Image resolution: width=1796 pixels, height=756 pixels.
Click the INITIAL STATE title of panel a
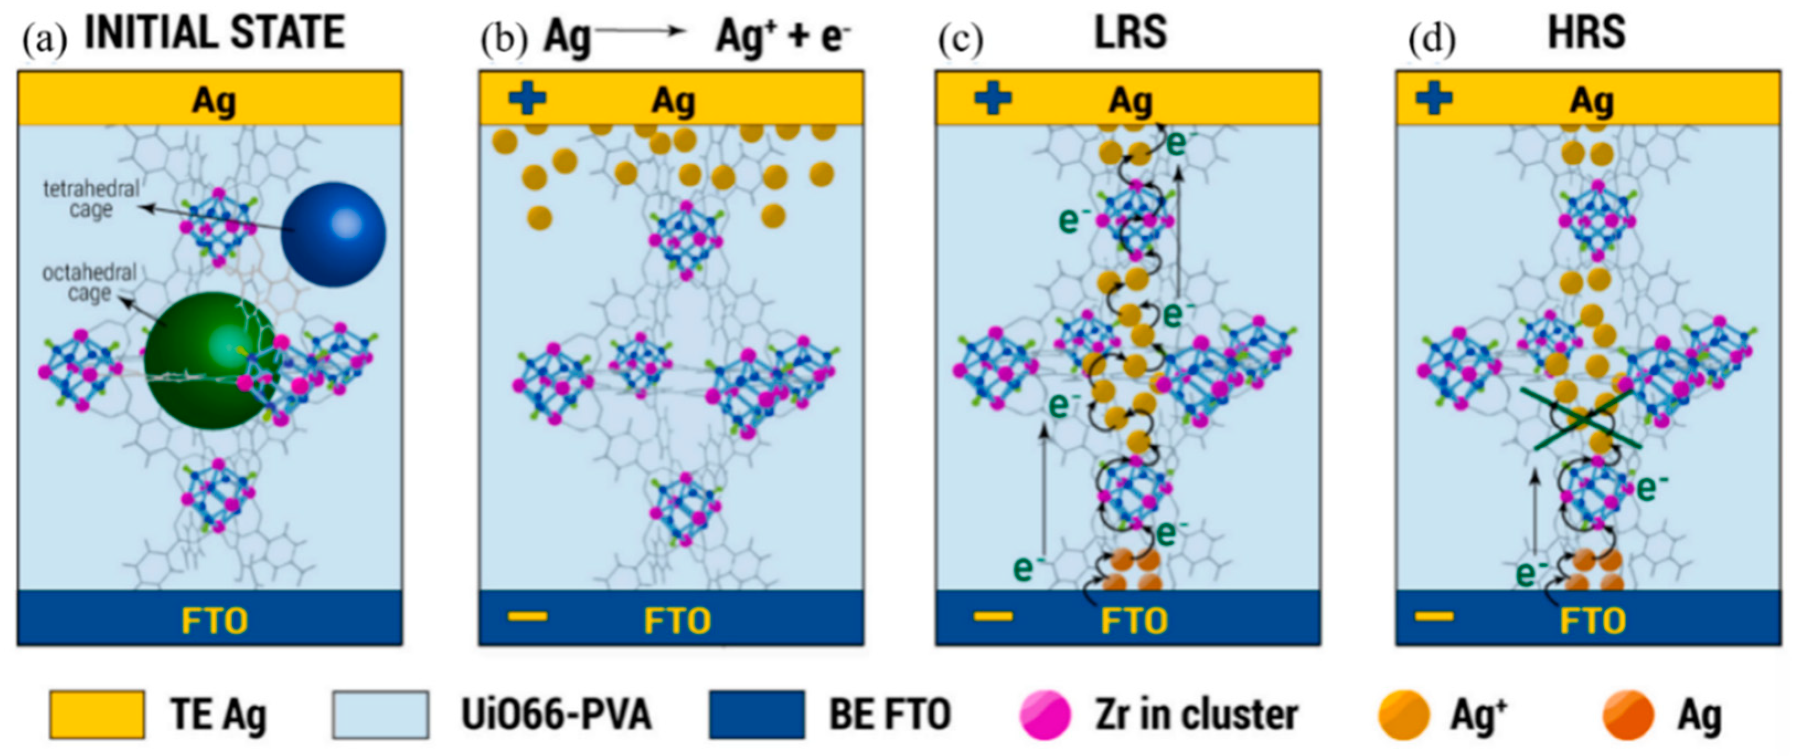(214, 33)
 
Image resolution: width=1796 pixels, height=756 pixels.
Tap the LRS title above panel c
(1130, 33)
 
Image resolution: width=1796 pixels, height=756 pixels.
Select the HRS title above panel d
(1586, 33)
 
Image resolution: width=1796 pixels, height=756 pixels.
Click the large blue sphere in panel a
(333, 235)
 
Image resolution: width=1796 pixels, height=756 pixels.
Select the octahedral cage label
(89, 283)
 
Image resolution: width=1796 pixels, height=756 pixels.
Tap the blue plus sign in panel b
(527, 98)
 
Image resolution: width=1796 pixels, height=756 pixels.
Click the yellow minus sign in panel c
(993, 616)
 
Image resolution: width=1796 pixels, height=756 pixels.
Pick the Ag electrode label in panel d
(1592, 101)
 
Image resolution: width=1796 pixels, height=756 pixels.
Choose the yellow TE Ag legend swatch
(97, 715)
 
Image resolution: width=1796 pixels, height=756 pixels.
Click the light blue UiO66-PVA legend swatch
(380, 715)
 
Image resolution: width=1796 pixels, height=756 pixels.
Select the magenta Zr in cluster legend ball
(1044, 715)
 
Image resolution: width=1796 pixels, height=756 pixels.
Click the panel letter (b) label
(504, 40)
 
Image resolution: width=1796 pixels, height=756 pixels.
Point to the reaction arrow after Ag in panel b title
(640, 31)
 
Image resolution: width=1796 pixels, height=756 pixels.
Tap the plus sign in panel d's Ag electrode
(1434, 98)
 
